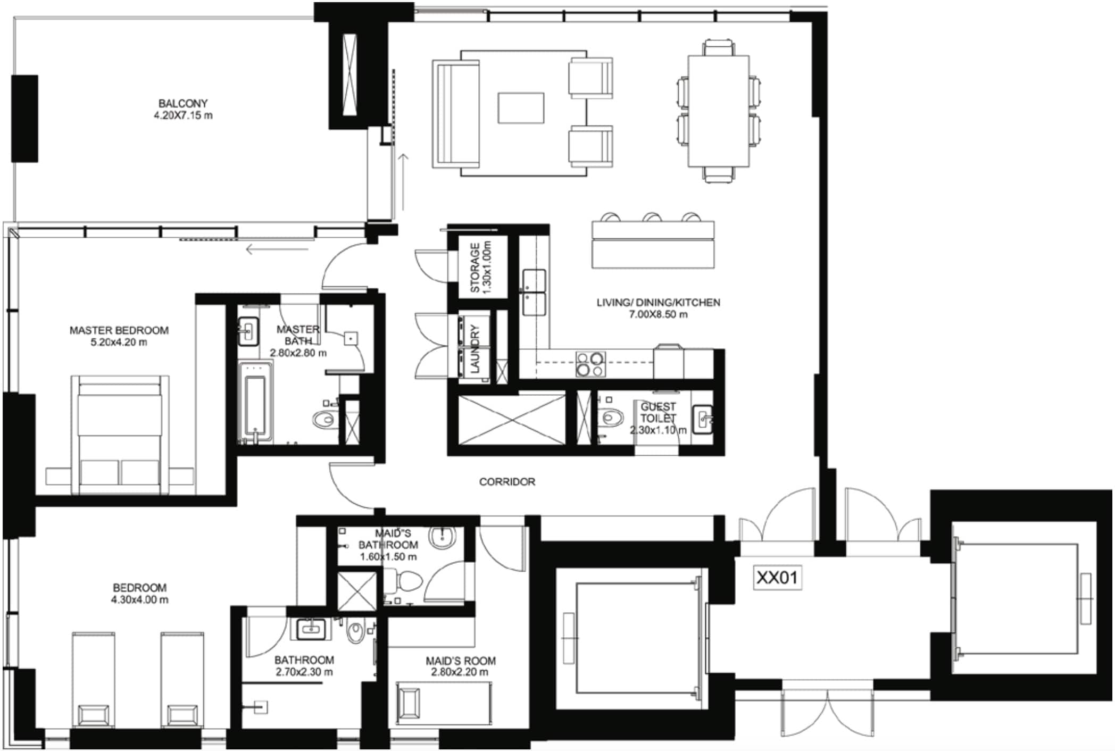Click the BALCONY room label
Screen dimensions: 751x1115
point(183,103)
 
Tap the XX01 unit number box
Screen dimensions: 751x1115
point(778,578)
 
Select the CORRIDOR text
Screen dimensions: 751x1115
point(507,482)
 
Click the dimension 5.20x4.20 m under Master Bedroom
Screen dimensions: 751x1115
point(119,342)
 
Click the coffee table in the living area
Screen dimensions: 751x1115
point(521,108)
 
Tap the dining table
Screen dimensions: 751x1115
point(718,111)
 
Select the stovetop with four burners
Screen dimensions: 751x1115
point(590,364)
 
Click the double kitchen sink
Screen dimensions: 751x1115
point(534,292)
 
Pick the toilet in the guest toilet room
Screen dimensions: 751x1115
point(612,418)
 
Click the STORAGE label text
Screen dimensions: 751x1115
point(475,268)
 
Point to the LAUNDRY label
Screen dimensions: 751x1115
point(475,348)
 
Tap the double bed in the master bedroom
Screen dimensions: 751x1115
point(120,433)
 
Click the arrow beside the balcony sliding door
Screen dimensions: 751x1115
point(403,181)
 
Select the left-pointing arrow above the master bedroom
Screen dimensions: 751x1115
point(277,249)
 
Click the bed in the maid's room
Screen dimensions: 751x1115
point(444,703)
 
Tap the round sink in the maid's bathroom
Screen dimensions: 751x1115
point(443,538)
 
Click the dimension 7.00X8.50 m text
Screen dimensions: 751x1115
point(658,314)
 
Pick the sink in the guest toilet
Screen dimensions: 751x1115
point(702,418)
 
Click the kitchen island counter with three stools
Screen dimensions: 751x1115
point(653,244)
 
